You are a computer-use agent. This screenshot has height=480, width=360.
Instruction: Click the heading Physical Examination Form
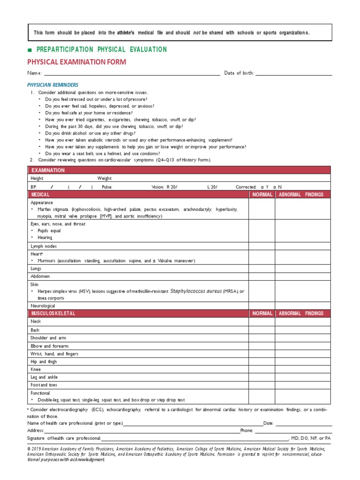[76, 62]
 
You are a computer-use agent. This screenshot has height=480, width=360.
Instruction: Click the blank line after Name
[132, 73]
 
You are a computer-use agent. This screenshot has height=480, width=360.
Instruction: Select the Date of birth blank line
[293, 73]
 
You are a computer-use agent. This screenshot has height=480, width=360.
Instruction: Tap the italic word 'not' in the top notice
[196, 32]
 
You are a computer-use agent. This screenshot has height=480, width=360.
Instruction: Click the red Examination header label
[48, 170]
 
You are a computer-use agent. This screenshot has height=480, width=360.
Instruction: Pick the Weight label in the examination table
[105, 179]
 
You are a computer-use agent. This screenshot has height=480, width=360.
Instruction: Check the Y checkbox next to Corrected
[262, 187]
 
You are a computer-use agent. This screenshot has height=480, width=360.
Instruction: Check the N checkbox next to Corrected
[275, 187]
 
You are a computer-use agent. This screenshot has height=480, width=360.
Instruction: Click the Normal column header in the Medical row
[262, 194]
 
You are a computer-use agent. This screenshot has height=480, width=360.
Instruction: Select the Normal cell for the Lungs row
[262, 269]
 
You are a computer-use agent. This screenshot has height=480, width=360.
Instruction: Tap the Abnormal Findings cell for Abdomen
[303, 277]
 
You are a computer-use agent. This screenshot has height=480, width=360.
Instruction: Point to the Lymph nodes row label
[44, 246]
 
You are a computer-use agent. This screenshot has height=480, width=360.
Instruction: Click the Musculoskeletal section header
[52, 313]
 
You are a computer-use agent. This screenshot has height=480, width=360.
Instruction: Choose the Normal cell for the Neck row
[262, 322]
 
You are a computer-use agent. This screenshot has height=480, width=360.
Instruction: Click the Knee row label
[36, 369]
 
